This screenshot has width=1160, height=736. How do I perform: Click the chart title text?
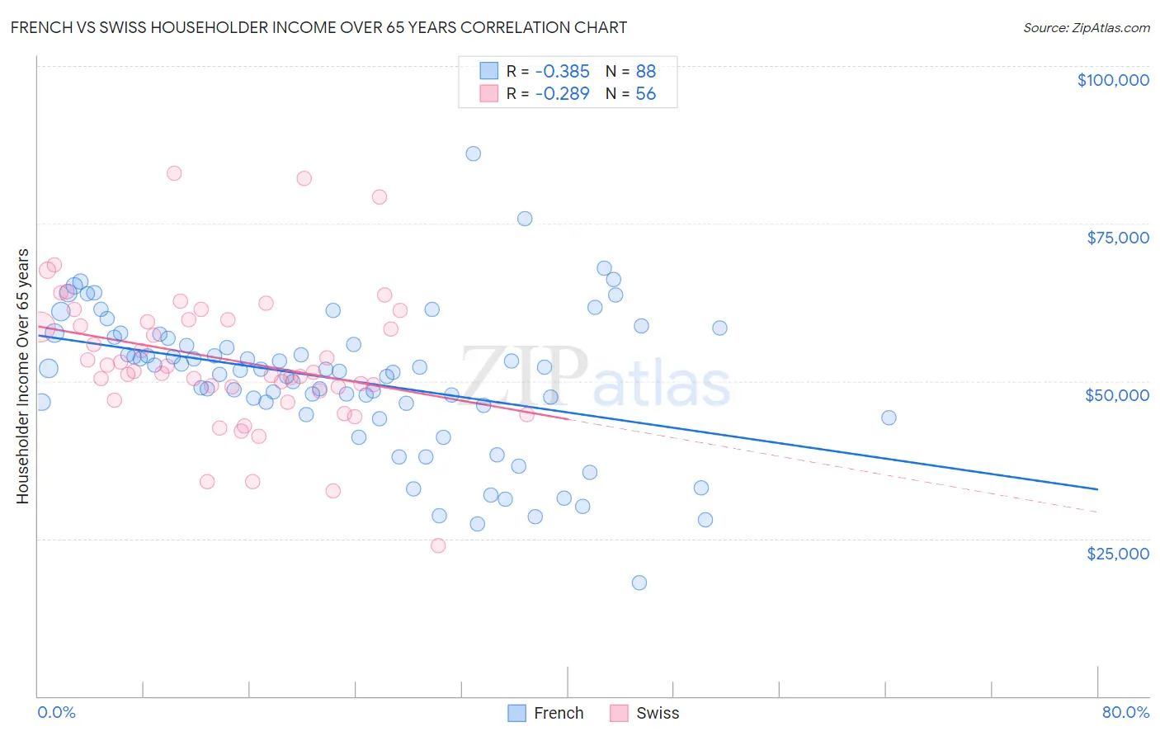click(318, 27)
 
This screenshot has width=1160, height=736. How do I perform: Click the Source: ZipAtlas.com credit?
click(1086, 27)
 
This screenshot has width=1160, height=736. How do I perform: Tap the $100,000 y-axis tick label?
click(1112, 80)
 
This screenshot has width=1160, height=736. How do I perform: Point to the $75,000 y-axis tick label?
click(1117, 238)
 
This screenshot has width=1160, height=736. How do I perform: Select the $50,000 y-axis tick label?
click(1116, 395)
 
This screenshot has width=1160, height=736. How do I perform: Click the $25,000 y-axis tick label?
click(1117, 553)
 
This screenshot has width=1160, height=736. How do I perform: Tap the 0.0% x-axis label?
click(56, 712)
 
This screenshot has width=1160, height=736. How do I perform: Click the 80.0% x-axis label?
click(1125, 712)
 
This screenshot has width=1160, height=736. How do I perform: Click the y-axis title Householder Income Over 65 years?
click(22, 375)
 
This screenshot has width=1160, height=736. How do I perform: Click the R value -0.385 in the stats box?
click(562, 72)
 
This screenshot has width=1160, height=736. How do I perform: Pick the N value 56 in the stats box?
click(645, 94)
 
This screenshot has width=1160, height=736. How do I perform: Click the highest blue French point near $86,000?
click(473, 153)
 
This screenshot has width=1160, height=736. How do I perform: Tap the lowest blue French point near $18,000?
click(639, 583)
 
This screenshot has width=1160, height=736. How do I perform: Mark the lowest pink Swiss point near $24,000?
click(438, 545)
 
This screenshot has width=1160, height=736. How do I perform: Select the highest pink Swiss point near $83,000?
click(174, 173)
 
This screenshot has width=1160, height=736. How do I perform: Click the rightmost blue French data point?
click(889, 418)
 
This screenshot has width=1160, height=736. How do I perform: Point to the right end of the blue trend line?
click(1096, 489)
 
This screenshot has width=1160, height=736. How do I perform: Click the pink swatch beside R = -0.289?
click(489, 94)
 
